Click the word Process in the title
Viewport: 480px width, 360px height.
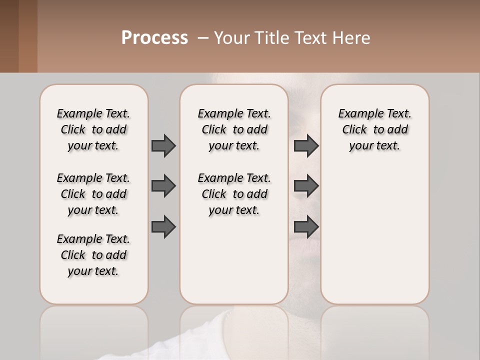click(x=154, y=38)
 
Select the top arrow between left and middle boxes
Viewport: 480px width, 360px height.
click(x=163, y=145)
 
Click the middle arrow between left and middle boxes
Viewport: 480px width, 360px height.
click(x=163, y=186)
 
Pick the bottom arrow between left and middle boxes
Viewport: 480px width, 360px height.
click(x=163, y=227)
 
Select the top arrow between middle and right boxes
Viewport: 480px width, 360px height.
click(x=306, y=145)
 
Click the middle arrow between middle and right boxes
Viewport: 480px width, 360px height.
click(x=306, y=186)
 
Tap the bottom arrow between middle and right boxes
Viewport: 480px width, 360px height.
click(x=306, y=227)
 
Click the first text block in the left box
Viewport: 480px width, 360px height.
click(x=93, y=129)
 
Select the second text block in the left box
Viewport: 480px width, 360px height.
click(x=93, y=194)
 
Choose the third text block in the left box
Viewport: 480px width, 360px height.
click(x=93, y=255)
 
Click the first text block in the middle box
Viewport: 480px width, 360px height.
click(x=234, y=129)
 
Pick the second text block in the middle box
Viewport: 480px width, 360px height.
click(x=234, y=194)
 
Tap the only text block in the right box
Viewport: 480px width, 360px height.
click(x=374, y=129)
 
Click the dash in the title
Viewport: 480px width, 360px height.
click(x=203, y=38)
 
